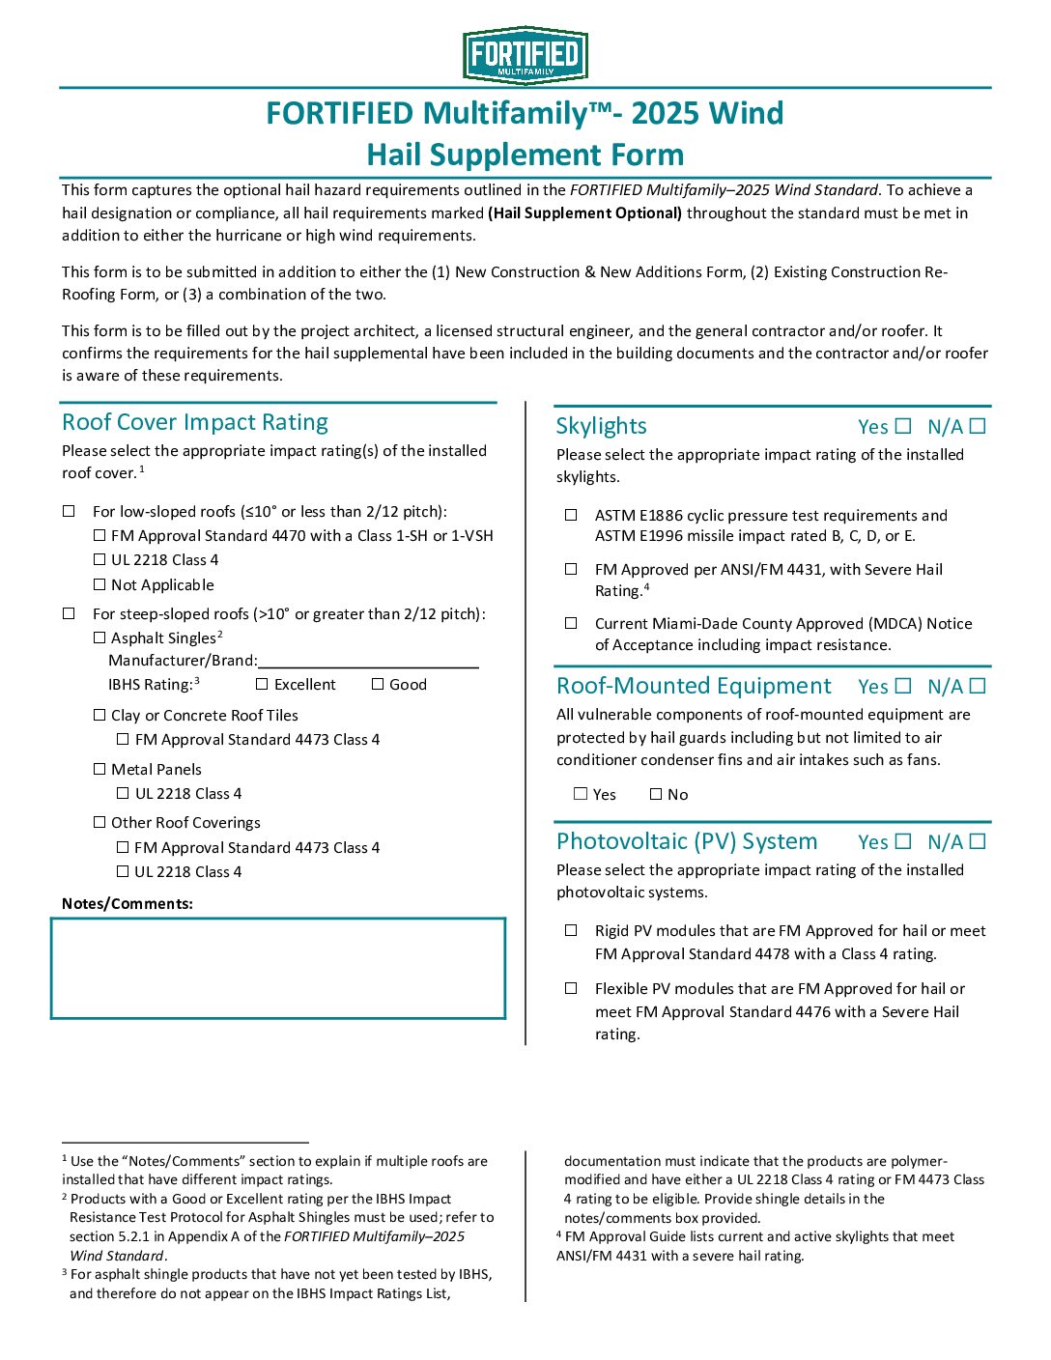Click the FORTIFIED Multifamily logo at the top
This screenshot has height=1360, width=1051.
[525, 55]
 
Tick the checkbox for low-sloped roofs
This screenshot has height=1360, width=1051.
[69, 511]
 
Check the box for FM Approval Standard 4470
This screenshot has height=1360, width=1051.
[99, 535]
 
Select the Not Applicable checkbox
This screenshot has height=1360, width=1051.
[99, 584]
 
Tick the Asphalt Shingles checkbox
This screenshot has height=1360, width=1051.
[99, 637]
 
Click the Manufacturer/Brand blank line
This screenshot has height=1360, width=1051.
[368, 660]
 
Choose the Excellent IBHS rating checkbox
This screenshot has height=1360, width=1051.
[262, 684]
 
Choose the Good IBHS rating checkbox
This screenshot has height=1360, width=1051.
[378, 684]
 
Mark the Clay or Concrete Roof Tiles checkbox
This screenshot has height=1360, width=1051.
[99, 715]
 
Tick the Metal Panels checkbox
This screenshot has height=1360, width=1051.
[99, 769]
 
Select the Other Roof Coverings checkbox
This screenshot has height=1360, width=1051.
[99, 822]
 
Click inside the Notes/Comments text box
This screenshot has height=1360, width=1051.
[278, 968]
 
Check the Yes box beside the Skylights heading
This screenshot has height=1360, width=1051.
[903, 426]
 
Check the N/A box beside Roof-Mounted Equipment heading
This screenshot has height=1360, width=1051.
[978, 686]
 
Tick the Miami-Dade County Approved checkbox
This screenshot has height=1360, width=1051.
[571, 623]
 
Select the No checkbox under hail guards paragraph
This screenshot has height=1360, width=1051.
[656, 794]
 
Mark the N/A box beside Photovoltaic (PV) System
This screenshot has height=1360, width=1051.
[978, 841]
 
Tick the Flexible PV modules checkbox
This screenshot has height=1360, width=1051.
[571, 988]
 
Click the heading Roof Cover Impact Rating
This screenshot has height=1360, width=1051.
[195, 422]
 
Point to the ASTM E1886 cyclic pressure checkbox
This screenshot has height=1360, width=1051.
[571, 515]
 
